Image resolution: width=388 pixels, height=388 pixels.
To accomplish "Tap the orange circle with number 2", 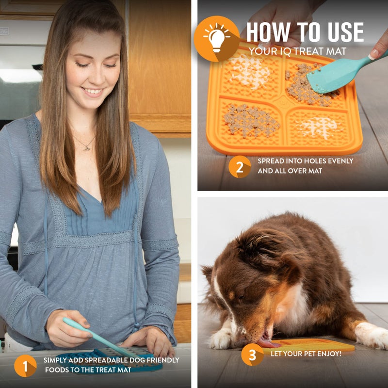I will point(240,166).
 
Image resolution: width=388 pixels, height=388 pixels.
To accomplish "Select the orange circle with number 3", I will point(252,355).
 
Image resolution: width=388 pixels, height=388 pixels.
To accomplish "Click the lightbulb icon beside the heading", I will point(216,38).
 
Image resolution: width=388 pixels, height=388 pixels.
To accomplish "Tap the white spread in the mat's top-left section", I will point(249,73).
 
